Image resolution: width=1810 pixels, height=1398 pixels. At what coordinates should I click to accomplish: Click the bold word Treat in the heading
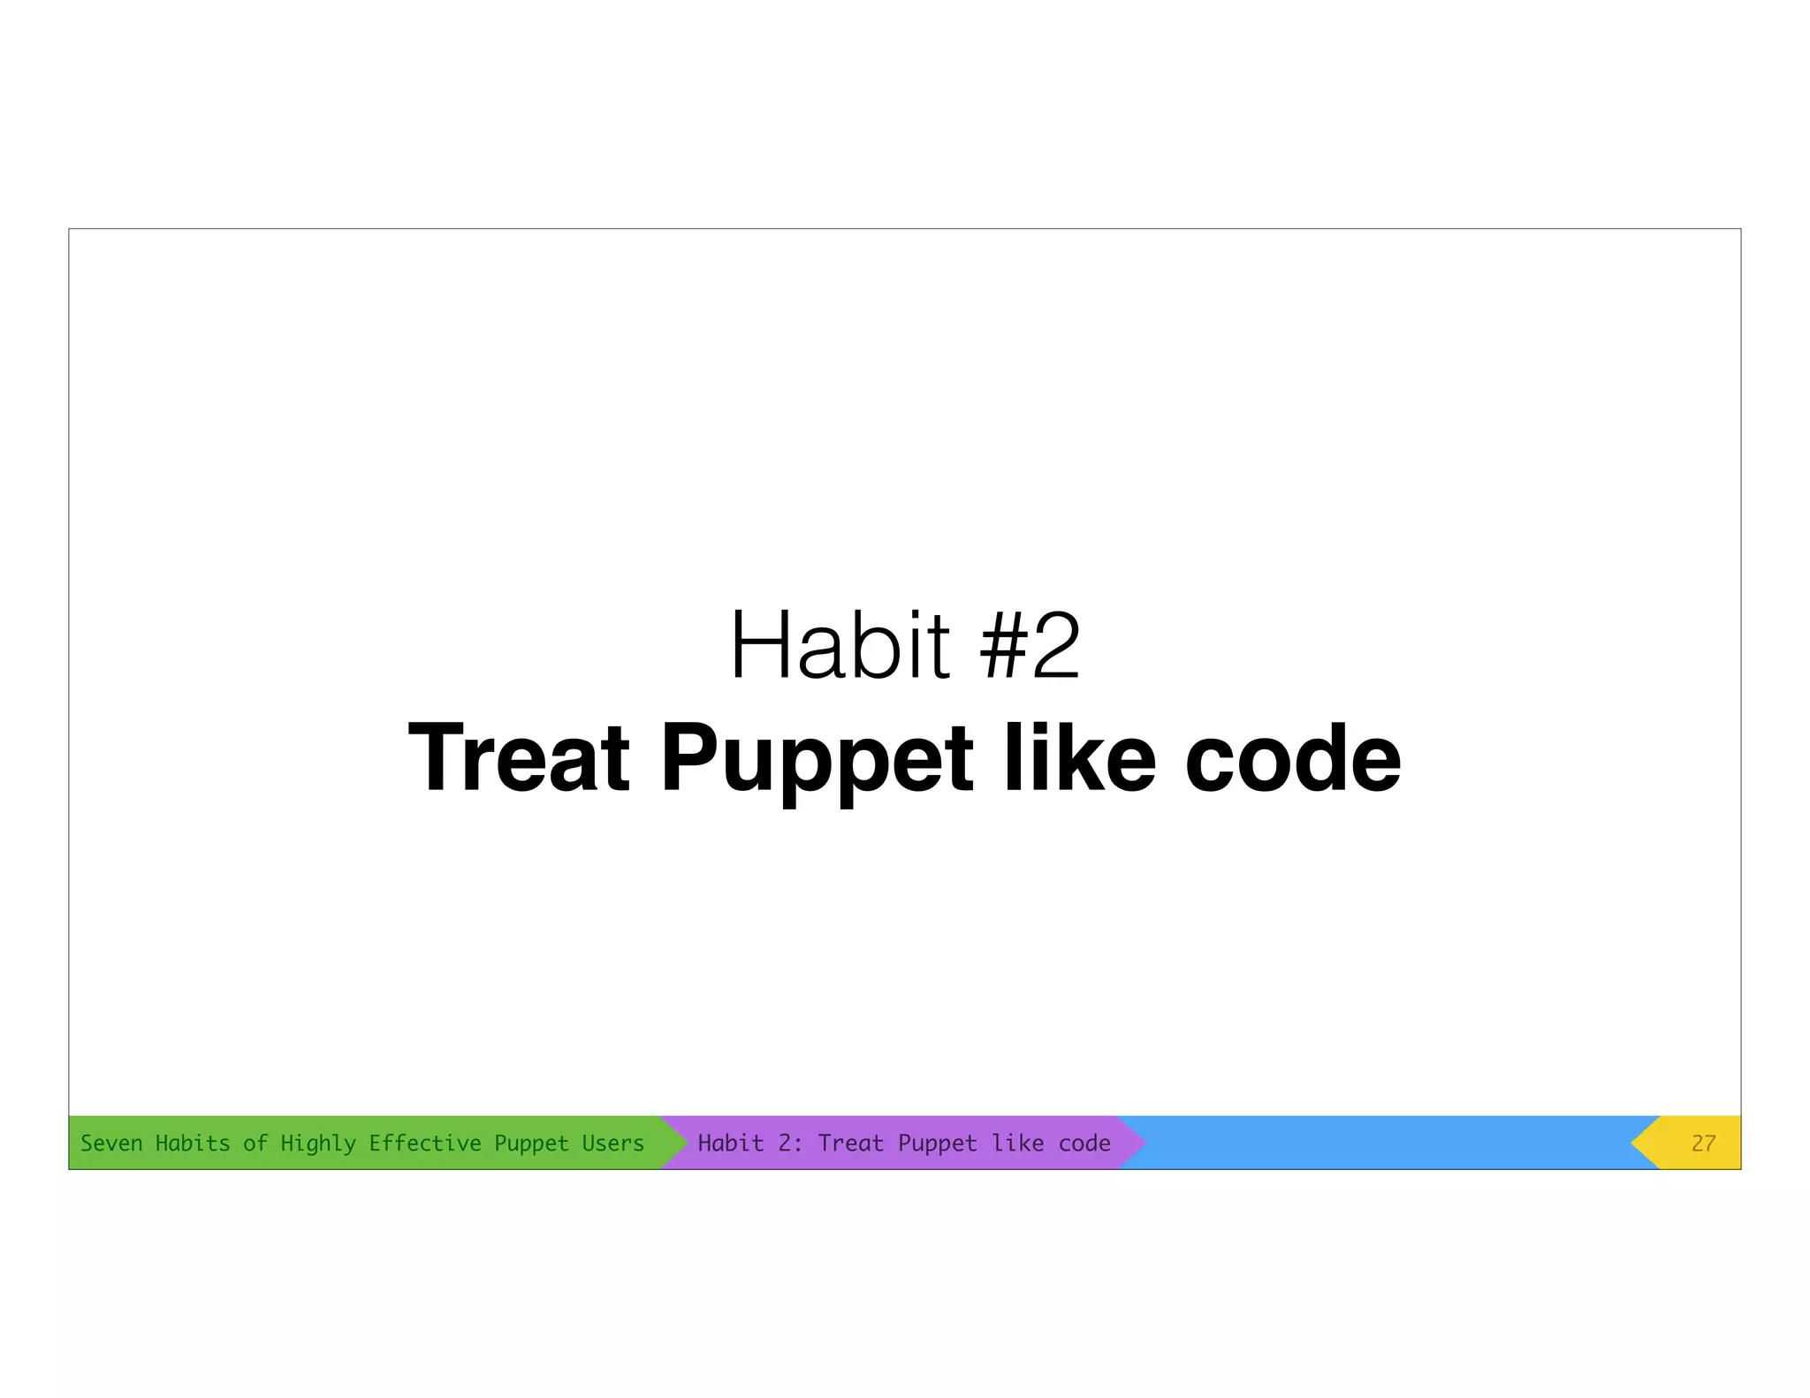(x=519, y=758)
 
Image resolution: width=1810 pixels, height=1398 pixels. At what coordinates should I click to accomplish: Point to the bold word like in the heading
(x=1079, y=758)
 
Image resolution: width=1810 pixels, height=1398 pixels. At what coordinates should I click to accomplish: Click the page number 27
(x=1703, y=1143)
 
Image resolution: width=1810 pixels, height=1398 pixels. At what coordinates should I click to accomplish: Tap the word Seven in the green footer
(x=111, y=1143)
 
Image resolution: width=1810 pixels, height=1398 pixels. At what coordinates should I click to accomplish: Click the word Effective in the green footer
(x=424, y=1143)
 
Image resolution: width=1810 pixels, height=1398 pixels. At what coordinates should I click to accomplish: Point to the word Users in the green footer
(x=612, y=1143)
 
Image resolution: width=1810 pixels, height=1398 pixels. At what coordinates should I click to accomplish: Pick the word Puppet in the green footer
(x=531, y=1143)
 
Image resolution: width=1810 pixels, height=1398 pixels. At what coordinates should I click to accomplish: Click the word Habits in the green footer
(x=193, y=1143)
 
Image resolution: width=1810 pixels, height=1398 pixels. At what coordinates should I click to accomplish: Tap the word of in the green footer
(x=255, y=1143)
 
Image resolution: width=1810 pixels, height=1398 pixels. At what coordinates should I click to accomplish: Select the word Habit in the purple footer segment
(x=730, y=1143)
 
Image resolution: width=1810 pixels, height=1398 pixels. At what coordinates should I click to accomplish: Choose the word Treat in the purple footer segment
(x=850, y=1143)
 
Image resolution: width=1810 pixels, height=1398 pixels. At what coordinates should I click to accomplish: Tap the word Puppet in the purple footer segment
(x=938, y=1143)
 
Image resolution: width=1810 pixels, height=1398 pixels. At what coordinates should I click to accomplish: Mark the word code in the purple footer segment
(x=1084, y=1143)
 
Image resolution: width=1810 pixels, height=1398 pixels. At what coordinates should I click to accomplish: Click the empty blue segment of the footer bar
(x=1388, y=1143)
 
